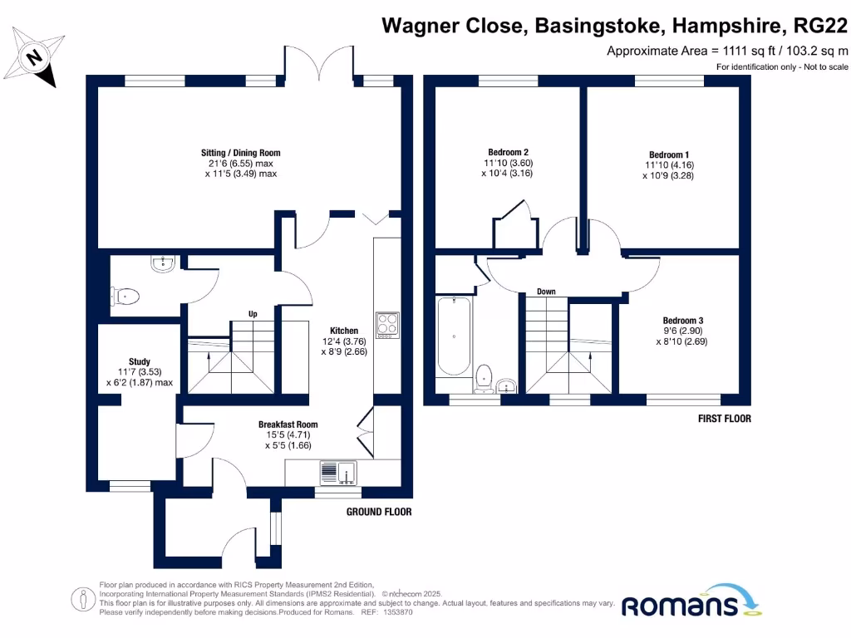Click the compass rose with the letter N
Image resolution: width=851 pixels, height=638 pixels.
36,58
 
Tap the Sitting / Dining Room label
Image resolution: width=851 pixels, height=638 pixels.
241,153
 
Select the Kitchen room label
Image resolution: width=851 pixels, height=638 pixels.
344,331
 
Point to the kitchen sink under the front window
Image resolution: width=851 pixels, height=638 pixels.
337,473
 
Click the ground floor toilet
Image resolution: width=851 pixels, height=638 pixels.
125,294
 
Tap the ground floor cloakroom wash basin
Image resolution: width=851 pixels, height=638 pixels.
163,265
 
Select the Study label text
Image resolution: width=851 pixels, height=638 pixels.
140,361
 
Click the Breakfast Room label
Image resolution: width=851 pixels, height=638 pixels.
288,425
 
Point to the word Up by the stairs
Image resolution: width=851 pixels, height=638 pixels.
253,314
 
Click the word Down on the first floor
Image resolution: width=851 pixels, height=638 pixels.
546,292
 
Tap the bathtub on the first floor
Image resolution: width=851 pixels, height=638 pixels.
454,339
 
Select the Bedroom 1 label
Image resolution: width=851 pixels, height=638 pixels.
669,155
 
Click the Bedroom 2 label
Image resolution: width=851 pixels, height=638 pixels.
509,152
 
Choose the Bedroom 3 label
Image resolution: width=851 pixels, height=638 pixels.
683,321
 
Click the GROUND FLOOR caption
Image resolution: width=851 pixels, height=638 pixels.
379,512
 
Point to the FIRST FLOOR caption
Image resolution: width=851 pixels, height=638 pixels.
725,419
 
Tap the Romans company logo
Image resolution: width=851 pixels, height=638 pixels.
690,604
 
